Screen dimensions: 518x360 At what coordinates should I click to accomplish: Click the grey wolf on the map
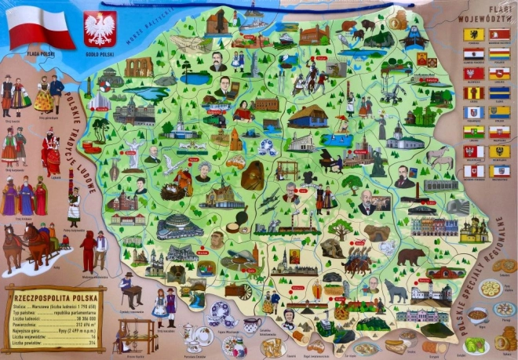point(396,292)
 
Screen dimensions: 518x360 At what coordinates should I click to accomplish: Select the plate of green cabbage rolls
point(476,344)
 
